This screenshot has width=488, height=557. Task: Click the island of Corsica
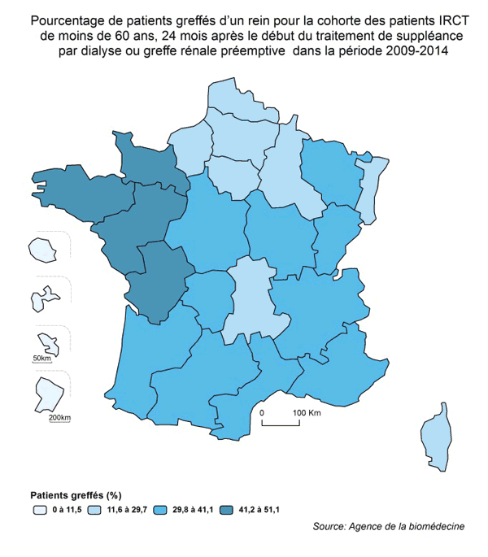(x=436, y=439)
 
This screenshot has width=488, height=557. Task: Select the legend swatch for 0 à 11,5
(x=39, y=510)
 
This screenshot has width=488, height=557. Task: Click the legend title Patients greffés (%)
(x=76, y=495)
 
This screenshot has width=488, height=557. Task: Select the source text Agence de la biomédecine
(x=406, y=527)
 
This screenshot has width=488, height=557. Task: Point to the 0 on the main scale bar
(x=263, y=413)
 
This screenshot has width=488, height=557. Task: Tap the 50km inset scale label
(x=41, y=359)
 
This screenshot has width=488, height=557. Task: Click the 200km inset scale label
(x=59, y=418)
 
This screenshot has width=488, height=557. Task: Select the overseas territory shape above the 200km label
(x=47, y=397)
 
